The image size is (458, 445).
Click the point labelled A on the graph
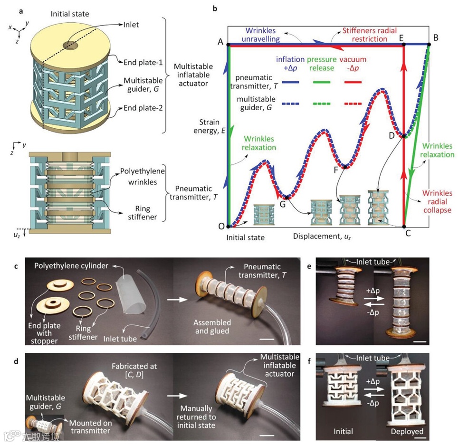[x=228, y=45]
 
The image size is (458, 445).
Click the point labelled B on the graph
[x=429, y=45]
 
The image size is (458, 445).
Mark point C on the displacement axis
[x=404, y=227]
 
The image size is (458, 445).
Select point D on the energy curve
[x=404, y=136]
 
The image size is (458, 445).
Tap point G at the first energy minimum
[x=286, y=197]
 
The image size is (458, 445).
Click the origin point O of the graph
[x=228, y=227]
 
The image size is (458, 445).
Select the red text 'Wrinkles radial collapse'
[x=438, y=202]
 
